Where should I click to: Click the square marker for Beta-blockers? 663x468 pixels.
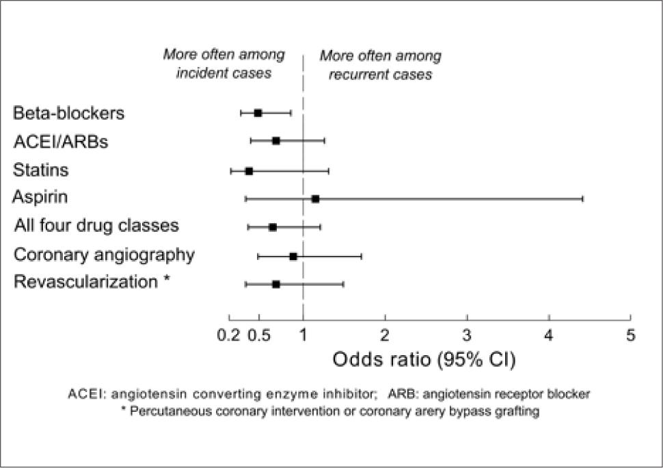click(x=258, y=113)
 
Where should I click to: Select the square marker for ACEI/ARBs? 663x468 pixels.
click(x=276, y=141)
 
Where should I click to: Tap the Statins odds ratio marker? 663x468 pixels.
click(x=249, y=171)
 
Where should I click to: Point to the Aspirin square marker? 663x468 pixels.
click(x=315, y=199)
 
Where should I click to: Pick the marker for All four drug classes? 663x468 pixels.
click(x=273, y=227)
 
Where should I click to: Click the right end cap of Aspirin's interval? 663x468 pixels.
click(x=582, y=199)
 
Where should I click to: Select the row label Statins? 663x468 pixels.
click(x=41, y=169)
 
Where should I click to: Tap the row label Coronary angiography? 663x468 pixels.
click(x=105, y=255)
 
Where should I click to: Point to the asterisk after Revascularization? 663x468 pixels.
click(x=167, y=281)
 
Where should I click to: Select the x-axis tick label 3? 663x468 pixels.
click(x=467, y=335)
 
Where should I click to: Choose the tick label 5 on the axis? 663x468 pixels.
click(x=630, y=335)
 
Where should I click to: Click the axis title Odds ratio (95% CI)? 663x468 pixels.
click(x=423, y=359)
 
